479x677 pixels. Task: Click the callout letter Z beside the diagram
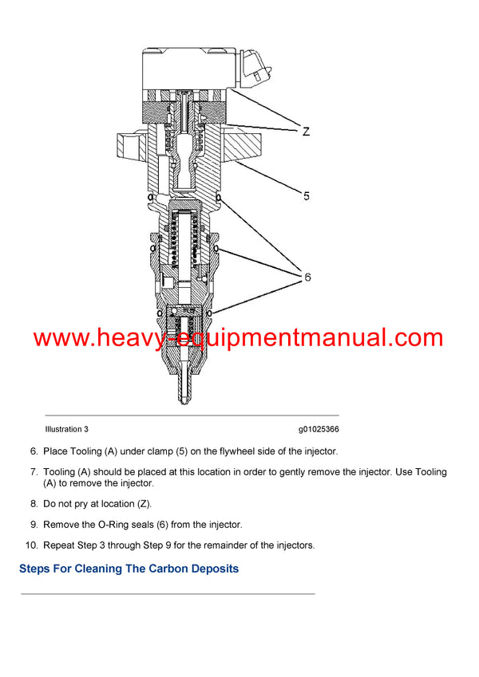pyautogui.click(x=306, y=132)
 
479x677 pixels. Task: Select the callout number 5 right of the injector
pyautogui.click(x=306, y=195)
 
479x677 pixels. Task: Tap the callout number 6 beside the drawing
pyautogui.click(x=306, y=277)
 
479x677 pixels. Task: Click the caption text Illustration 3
pyautogui.click(x=66, y=429)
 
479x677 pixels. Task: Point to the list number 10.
pyautogui.click(x=31, y=545)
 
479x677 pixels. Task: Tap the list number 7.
pyautogui.click(x=34, y=472)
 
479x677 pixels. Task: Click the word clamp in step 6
pyautogui.click(x=141, y=451)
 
